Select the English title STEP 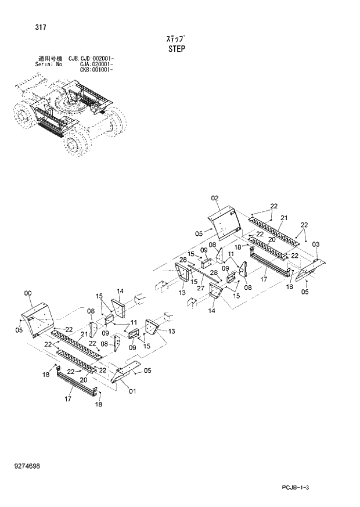[177, 49]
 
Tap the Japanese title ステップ [176, 38]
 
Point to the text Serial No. [49, 64]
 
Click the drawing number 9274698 [27, 466]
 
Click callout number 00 [28, 294]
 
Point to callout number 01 [132, 391]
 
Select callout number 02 [214, 199]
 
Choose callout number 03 [315, 244]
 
